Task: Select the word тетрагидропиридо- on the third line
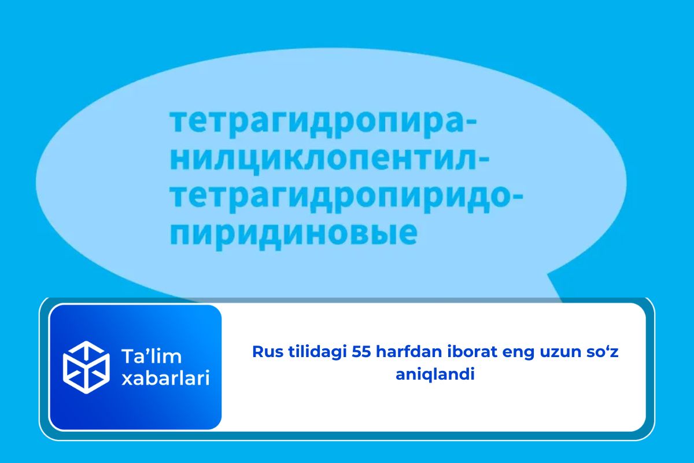(x=346, y=199)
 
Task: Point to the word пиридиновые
(x=293, y=235)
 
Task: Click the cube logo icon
(x=86, y=367)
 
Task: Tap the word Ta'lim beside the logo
(x=152, y=357)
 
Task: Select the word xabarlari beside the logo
(x=166, y=378)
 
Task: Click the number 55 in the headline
(x=361, y=352)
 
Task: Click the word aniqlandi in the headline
(x=435, y=374)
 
